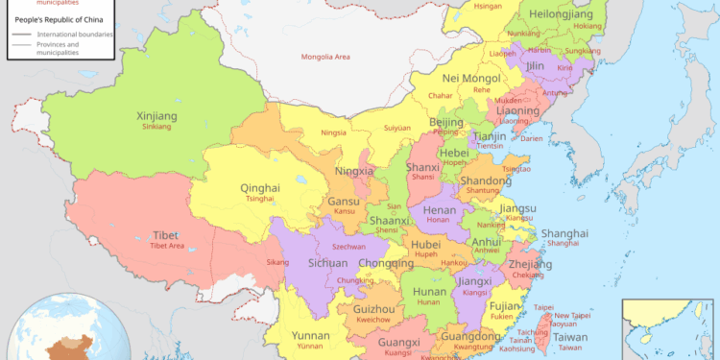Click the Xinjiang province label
[157, 116]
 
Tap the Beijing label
[446, 123]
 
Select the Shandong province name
[486, 180]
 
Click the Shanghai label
[564, 233]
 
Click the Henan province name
[441, 209]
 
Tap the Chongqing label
[385, 263]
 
